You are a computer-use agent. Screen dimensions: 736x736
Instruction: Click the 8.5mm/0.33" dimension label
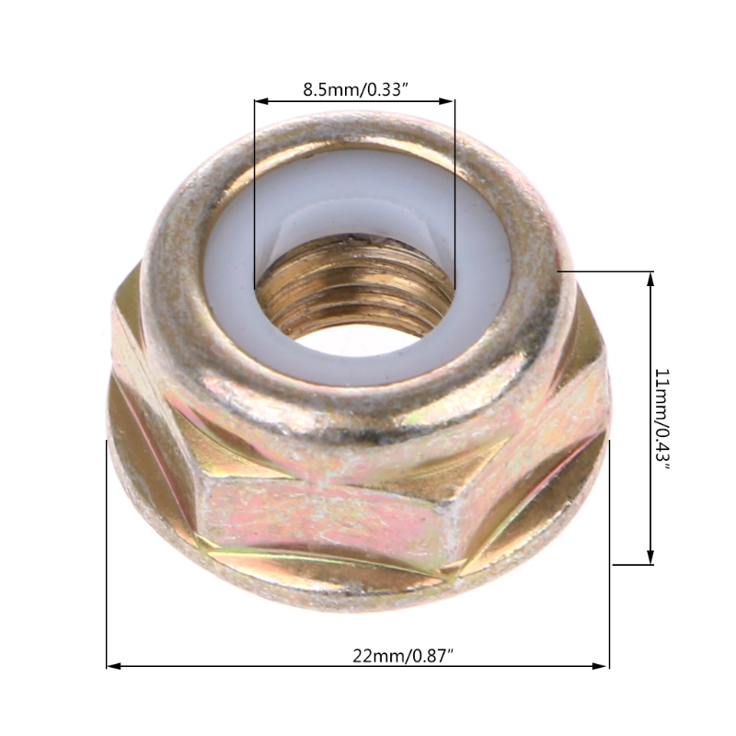click(355, 90)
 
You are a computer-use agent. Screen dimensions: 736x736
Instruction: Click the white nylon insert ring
click(230, 276)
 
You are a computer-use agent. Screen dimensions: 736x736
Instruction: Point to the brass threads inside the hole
click(354, 294)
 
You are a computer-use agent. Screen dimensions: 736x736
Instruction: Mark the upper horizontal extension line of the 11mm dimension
click(607, 271)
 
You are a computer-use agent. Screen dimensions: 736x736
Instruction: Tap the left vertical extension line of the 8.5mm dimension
click(255, 184)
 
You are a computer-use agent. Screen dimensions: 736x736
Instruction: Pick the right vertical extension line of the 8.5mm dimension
click(454, 184)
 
